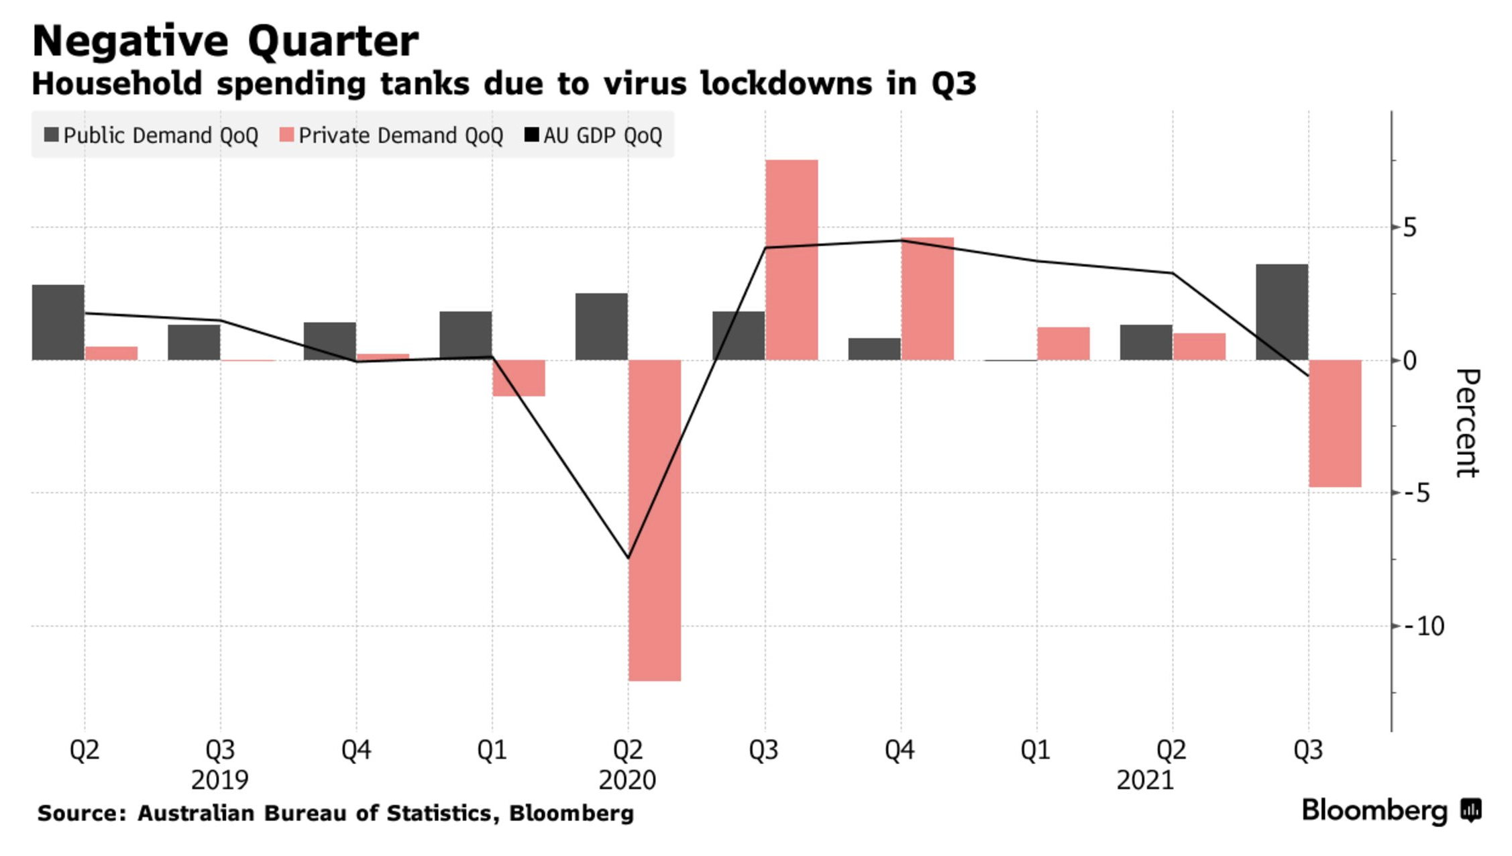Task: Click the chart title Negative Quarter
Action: point(225,42)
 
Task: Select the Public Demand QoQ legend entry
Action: point(152,136)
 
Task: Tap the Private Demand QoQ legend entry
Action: point(392,136)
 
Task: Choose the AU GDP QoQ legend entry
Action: point(594,136)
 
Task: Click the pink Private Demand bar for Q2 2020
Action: point(655,520)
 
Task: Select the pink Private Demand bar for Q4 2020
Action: point(928,299)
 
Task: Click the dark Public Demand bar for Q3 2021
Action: point(1282,312)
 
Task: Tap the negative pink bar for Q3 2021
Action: point(1335,423)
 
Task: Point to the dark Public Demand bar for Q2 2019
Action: point(58,323)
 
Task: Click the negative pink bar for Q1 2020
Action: point(519,378)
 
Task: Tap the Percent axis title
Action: point(1466,423)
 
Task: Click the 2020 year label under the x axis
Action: point(627,780)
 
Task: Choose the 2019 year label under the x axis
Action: point(219,780)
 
